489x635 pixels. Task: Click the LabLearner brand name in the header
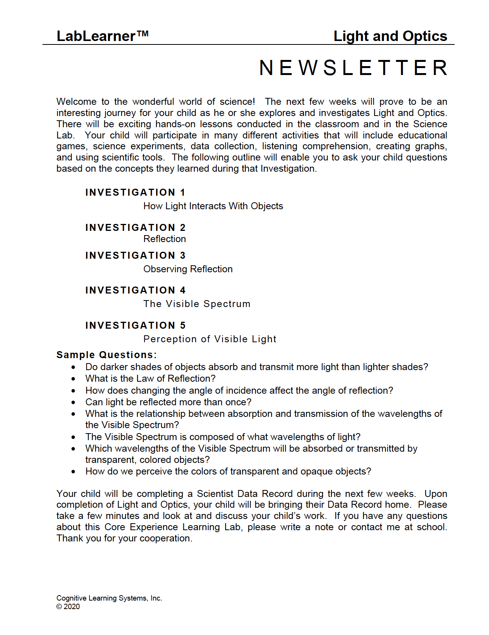point(96,36)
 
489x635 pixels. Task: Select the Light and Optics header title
point(390,36)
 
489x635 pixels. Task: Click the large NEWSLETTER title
point(353,68)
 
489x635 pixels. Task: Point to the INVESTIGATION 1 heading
point(135,192)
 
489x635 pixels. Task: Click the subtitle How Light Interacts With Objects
point(213,206)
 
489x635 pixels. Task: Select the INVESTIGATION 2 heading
point(135,227)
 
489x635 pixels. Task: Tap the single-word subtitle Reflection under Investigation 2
point(165,239)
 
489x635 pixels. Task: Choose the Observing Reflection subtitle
point(188,269)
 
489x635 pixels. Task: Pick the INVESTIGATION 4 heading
point(135,290)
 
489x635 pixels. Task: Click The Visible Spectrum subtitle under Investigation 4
point(197,304)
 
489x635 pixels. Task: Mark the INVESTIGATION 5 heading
point(135,325)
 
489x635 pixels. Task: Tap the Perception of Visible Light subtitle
point(210,339)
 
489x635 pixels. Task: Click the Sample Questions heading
point(107,355)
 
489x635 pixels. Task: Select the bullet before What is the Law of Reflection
point(73,379)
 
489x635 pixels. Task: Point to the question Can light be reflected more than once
point(168,402)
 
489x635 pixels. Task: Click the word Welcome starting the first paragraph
point(76,102)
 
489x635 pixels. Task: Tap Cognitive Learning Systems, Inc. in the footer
point(109,598)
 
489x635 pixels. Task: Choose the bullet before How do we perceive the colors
point(73,472)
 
